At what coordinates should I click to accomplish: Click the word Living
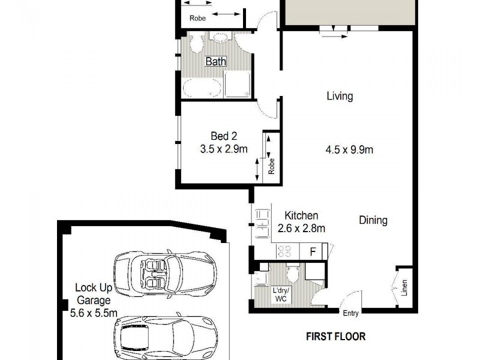(x=340, y=96)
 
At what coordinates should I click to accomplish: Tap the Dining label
(x=373, y=220)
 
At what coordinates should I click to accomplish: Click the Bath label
(x=215, y=61)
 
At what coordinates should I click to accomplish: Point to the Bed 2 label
(x=223, y=136)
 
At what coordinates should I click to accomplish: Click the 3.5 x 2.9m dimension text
(x=224, y=149)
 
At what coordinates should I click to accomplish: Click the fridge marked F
(x=313, y=251)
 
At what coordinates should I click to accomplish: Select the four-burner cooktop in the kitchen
(x=284, y=251)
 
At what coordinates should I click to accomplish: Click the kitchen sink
(x=262, y=220)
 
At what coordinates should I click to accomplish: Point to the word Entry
(x=350, y=313)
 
